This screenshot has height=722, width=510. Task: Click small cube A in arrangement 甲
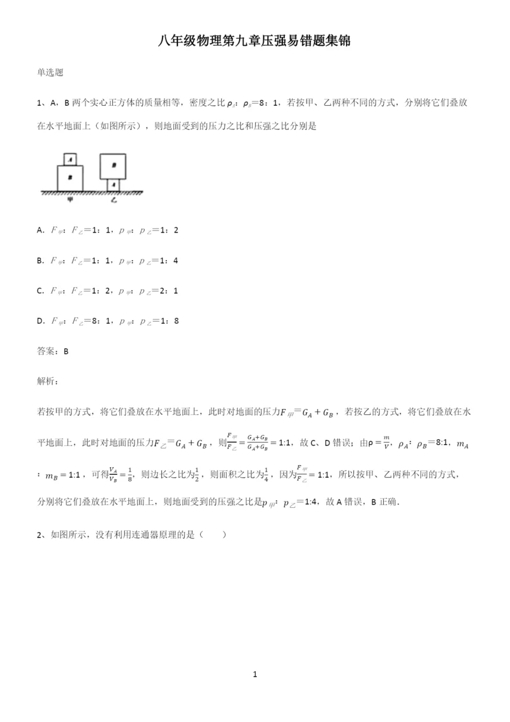coord(71,159)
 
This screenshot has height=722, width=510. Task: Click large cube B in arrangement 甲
coord(71,177)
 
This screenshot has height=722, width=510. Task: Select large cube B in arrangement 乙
coord(113,165)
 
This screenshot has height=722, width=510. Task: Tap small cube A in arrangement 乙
coord(113,184)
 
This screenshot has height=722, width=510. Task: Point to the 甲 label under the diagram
coord(71,199)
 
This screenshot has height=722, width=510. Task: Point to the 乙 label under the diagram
coord(113,199)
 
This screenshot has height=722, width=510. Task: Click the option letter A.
coord(40,229)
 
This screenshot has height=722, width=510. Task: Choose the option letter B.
coord(40,260)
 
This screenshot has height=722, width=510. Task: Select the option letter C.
coord(40,291)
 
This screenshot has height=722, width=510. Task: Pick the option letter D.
coord(40,321)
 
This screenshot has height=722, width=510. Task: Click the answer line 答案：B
coord(53,351)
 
